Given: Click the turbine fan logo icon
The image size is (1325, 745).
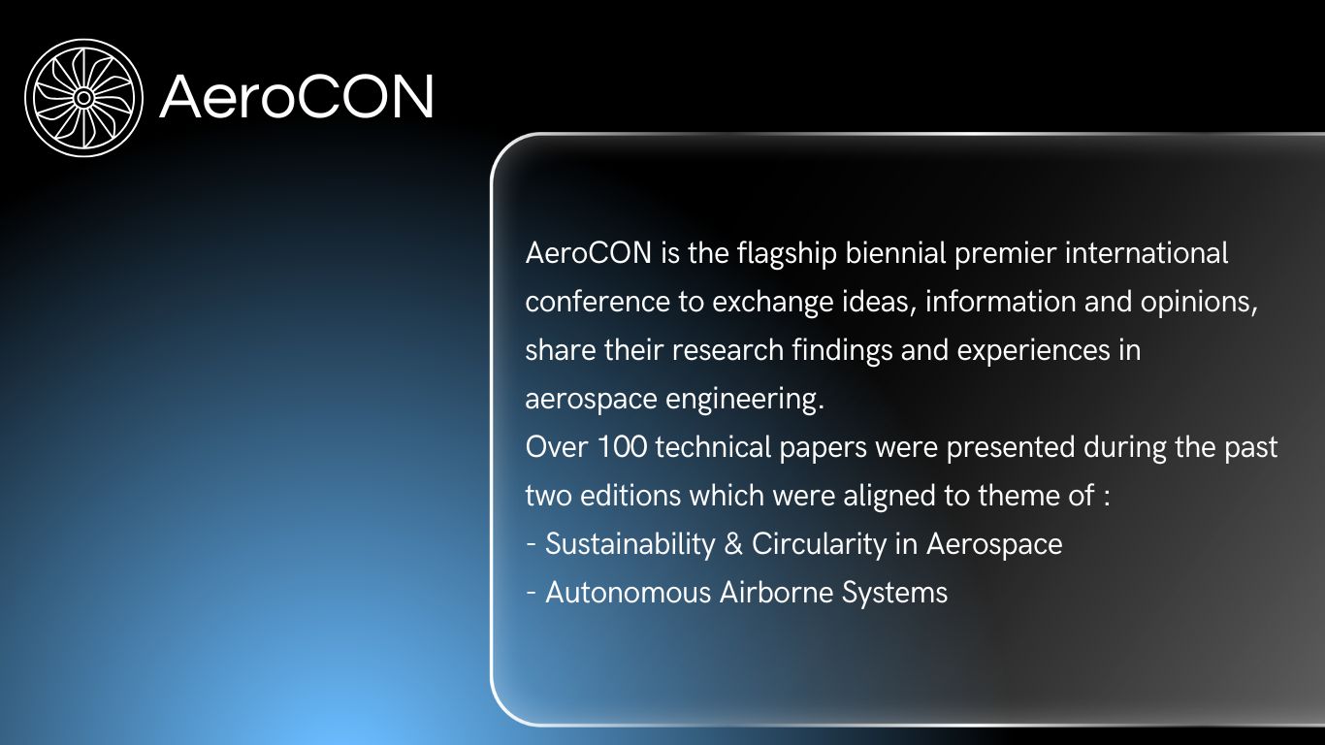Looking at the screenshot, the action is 83,98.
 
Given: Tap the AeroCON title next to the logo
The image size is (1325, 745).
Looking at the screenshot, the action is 297,96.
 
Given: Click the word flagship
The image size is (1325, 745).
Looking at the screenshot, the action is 787,254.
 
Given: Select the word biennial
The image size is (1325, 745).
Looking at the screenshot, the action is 895,253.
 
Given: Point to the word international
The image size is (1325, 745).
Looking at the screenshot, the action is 1147,253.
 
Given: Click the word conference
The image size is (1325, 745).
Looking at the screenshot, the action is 598,303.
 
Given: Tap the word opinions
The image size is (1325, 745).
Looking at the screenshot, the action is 1198,304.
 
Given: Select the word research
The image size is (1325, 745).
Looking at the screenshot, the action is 727,350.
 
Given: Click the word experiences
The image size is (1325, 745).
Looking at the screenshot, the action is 1033,351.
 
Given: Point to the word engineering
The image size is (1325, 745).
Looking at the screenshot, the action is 745,400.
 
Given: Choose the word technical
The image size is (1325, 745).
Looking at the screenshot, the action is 713,447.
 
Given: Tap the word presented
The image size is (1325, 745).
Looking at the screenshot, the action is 1011,448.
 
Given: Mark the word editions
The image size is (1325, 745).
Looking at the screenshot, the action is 630,496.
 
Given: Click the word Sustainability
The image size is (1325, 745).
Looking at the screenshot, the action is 630,545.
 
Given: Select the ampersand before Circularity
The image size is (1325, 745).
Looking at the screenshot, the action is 733,544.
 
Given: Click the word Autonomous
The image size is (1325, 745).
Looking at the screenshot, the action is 629,593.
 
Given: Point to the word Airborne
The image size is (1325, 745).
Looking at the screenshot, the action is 777,593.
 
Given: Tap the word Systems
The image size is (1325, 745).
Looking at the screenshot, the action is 894,594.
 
